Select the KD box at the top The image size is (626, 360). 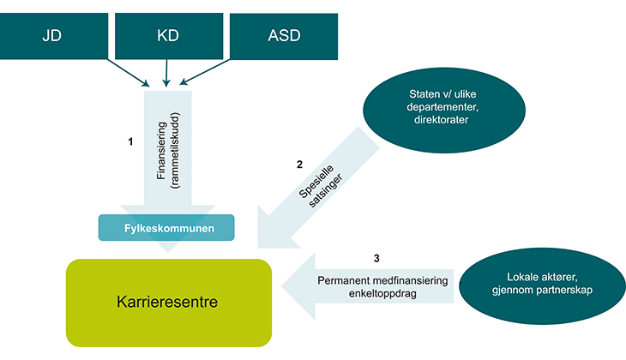coord(168,36)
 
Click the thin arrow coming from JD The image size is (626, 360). coord(129,72)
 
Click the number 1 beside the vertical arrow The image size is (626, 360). coord(130,142)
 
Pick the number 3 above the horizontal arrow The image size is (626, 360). coord(376,257)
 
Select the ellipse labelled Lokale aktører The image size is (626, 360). coord(539,283)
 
